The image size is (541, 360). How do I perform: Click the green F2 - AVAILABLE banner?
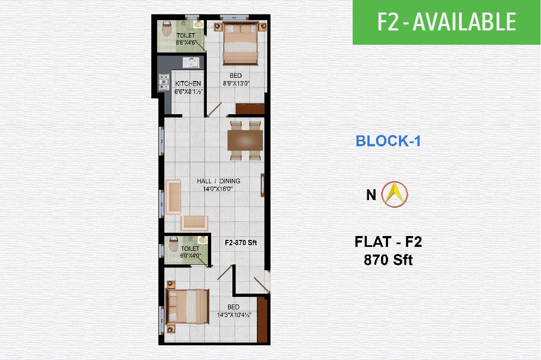[x=446, y=22]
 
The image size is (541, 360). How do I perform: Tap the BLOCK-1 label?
[x=388, y=141]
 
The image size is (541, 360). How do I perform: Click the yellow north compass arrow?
[x=395, y=194]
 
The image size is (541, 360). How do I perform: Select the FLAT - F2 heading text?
[x=389, y=241]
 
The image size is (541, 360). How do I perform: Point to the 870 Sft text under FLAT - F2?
[x=388, y=259]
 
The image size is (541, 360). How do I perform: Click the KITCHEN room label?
[x=188, y=84]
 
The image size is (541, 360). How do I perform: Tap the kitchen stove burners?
[x=164, y=82]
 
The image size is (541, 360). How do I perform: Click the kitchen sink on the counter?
[x=191, y=63]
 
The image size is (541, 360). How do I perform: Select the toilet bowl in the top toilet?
[x=167, y=28]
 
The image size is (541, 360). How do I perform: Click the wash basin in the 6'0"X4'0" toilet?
[x=202, y=240]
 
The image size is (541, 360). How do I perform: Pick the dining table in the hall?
[x=245, y=140]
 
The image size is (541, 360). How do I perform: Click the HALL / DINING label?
[x=219, y=181]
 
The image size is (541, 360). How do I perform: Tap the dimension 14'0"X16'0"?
[x=218, y=189]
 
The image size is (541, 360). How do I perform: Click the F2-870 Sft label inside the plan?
[x=241, y=243]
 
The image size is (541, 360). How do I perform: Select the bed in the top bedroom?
[x=241, y=43]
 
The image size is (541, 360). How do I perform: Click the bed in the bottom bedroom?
[x=188, y=307]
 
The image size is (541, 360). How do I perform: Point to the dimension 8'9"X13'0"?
[x=236, y=83]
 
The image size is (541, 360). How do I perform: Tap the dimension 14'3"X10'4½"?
[x=234, y=315]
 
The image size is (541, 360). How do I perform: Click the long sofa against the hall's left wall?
[x=173, y=196]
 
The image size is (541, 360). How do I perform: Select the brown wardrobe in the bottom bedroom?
[x=262, y=319]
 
